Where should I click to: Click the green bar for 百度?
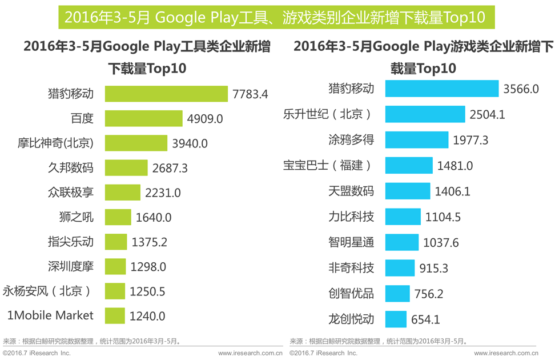[x=143, y=118]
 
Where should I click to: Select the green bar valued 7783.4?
[x=166, y=94]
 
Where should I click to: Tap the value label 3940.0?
[x=190, y=143]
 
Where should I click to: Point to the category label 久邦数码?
[x=71, y=167]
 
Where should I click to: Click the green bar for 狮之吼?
[x=118, y=217]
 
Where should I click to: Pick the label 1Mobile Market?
[x=50, y=315]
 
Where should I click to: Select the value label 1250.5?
[x=147, y=291]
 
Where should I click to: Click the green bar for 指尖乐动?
[x=116, y=242]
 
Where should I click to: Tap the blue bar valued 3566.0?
[x=442, y=89]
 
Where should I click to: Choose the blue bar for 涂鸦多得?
[x=417, y=139]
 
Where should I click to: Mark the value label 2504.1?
[x=487, y=114]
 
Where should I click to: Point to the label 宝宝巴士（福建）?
[x=328, y=165]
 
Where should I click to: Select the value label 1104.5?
[x=443, y=217]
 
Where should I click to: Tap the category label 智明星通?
[x=351, y=242]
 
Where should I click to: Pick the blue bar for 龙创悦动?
[x=396, y=319]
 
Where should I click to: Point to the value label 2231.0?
[x=163, y=193]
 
